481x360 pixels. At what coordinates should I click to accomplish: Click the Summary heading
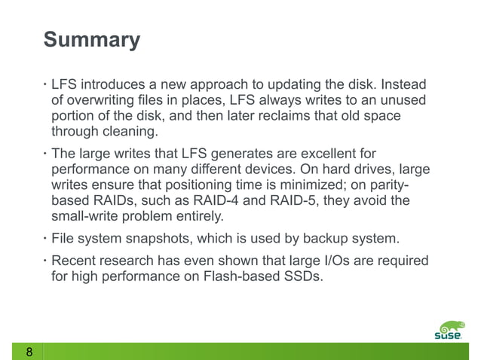pos(91,39)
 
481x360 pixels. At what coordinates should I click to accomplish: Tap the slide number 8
pos(29,352)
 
